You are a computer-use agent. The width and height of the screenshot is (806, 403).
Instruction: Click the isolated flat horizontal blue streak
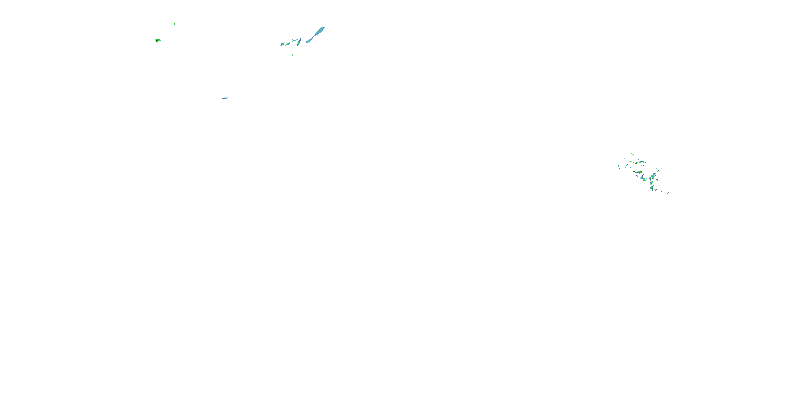coord(225,98)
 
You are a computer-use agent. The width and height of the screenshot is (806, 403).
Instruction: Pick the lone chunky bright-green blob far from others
coord(158,40)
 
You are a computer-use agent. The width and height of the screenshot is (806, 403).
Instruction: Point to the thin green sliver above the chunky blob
coord(174,23)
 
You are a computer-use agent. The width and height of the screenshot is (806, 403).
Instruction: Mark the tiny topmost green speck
coord(200,12)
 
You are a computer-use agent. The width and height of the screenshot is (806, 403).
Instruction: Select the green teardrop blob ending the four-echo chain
coord(282,44)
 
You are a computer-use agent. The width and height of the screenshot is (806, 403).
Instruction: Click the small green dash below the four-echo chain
coord(293,55)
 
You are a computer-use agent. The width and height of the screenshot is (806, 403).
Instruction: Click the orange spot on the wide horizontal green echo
coord(637,172)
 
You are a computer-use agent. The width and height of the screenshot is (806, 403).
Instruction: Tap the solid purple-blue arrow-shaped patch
coord(657,190)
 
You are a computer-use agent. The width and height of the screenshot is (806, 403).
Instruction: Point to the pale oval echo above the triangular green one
coord(652,183)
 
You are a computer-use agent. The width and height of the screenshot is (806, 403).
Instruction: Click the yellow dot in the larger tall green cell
coord(653,178)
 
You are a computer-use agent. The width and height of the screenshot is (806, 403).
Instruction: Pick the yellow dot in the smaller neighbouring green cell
coord(650,178)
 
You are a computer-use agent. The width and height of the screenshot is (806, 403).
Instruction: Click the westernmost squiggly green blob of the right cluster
coord(618,166)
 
